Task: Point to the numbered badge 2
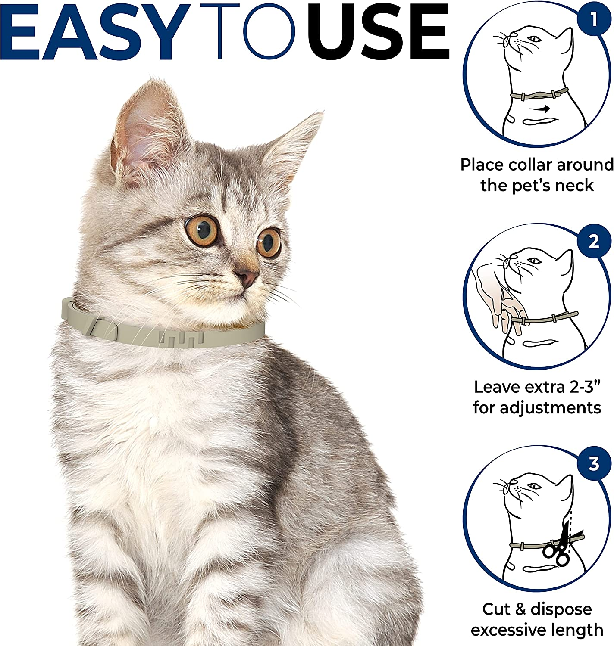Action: click(594, 241)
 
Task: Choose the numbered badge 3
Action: click(594, 464)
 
